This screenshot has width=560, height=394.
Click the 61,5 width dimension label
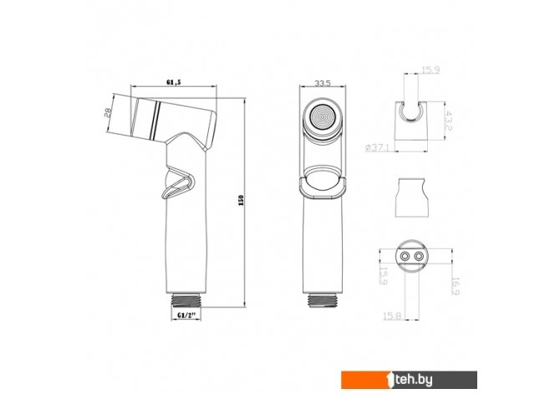pyautogui.click(x=174, y=82)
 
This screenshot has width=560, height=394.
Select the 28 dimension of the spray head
pyautogui.click(x=108, y=113)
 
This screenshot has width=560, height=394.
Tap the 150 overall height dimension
pyautogui.click(x=241, y=200)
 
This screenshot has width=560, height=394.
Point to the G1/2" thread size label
pyautogui.click(x=186, y=315)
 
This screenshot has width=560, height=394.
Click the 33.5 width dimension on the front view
pyautogui.click(x=323, y=83)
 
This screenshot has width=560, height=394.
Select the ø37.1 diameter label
pyautogui.click(x=377, y=147)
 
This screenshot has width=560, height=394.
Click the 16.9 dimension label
pyautogui.click(x=456, y=286)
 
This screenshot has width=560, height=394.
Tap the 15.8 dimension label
pyautogui.click(x=392, y=316)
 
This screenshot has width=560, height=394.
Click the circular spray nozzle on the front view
pyautogui.click(x=322, y=117)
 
